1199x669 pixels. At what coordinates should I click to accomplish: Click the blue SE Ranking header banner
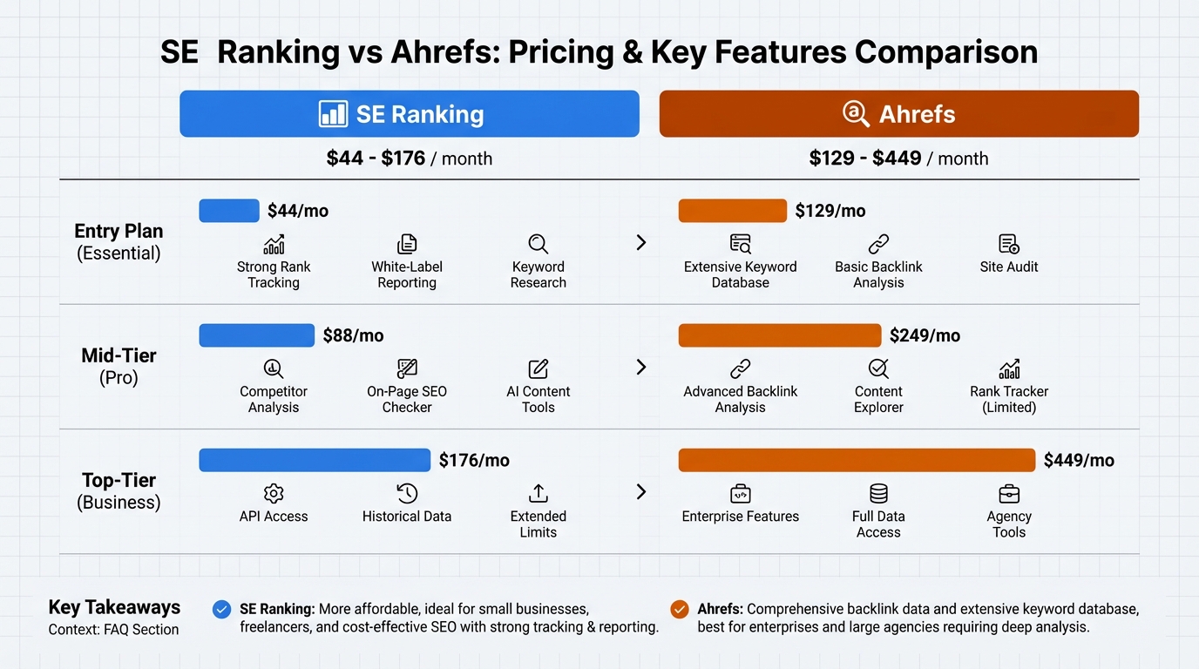409,114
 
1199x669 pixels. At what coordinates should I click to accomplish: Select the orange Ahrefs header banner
898,114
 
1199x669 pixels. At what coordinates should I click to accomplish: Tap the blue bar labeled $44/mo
229,211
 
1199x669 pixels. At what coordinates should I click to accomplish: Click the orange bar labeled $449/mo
857,460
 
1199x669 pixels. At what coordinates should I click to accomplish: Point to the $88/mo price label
353,335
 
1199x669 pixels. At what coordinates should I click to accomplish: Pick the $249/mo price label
925,335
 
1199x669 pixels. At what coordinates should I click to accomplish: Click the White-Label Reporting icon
407,244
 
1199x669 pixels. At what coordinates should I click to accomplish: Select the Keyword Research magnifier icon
538,244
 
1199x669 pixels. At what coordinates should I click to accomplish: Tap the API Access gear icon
274,493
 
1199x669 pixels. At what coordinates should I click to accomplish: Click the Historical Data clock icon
407,493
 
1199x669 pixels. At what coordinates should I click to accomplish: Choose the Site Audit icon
1009,244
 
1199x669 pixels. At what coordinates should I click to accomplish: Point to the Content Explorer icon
878,368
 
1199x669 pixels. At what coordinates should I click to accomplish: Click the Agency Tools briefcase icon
1009,493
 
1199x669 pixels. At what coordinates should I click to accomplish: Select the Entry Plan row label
119,241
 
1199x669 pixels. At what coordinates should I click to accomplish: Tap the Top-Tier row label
119,491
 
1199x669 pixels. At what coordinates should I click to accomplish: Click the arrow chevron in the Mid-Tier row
641,368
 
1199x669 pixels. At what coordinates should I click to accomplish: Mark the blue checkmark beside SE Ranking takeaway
222,610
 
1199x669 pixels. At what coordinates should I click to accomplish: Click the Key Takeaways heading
114,607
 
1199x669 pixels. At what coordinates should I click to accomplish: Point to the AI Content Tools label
538,399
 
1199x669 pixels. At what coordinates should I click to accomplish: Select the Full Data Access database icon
878,493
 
